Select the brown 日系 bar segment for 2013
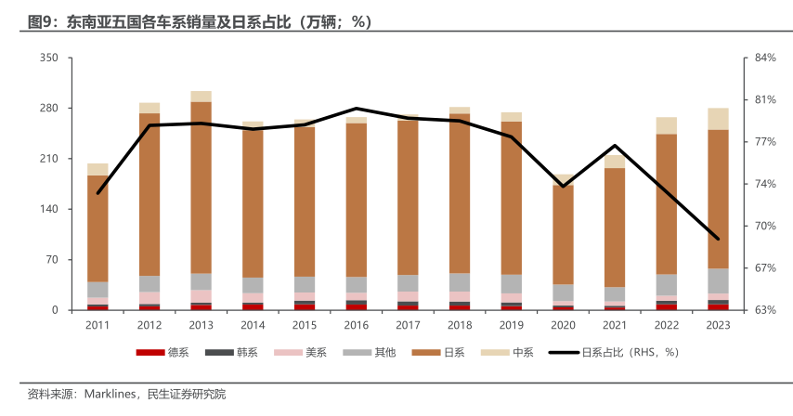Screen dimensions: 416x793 (x=201, y=186)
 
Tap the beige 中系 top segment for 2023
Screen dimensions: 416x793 (x=718, y=119)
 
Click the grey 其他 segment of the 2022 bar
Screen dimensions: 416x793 (x=666, y=284)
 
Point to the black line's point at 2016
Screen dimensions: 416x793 (x=357, y=109)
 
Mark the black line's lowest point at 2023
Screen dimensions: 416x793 (x=718, y=239)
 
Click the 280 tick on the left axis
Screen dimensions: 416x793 (x=47, y=109)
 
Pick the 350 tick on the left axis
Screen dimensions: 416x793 (x=47, y=58)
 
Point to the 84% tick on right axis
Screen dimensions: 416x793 (x=765, y=58)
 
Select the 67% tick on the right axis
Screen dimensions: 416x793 (x=765, y=268)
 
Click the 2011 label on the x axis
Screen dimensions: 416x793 (x=97, y=325)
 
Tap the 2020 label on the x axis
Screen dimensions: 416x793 (x=563, y=325)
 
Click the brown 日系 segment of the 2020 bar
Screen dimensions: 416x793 (x=563, y=232)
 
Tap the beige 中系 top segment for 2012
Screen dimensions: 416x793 (x=149, y=108)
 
